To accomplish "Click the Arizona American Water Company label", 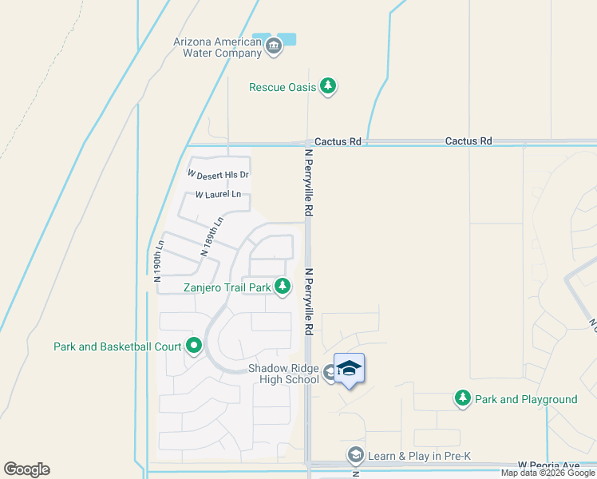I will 217,47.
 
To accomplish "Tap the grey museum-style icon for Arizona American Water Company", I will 274,46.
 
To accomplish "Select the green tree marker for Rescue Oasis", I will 327,86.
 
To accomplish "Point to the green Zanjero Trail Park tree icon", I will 283,286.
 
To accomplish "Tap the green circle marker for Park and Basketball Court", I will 194,346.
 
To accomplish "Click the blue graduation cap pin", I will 349,369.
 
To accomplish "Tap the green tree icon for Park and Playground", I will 462,398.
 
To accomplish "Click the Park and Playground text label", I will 526,399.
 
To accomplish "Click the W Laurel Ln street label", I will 218,194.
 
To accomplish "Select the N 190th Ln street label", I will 158,260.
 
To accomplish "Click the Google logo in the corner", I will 26,469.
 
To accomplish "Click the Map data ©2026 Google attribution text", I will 548,473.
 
